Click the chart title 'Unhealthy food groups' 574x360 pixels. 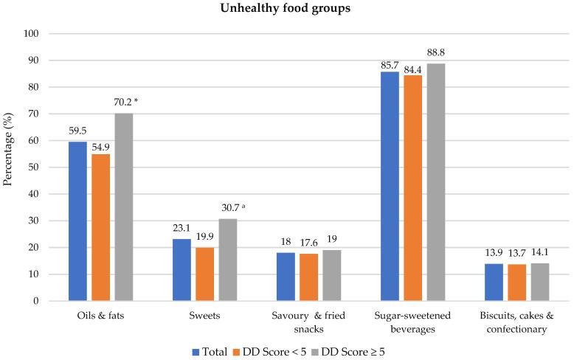pos(287,10)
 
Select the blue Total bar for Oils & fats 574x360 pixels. pos(77,221)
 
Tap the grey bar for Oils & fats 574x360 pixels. pos(123,207)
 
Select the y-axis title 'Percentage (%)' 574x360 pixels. pos(10,167)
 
